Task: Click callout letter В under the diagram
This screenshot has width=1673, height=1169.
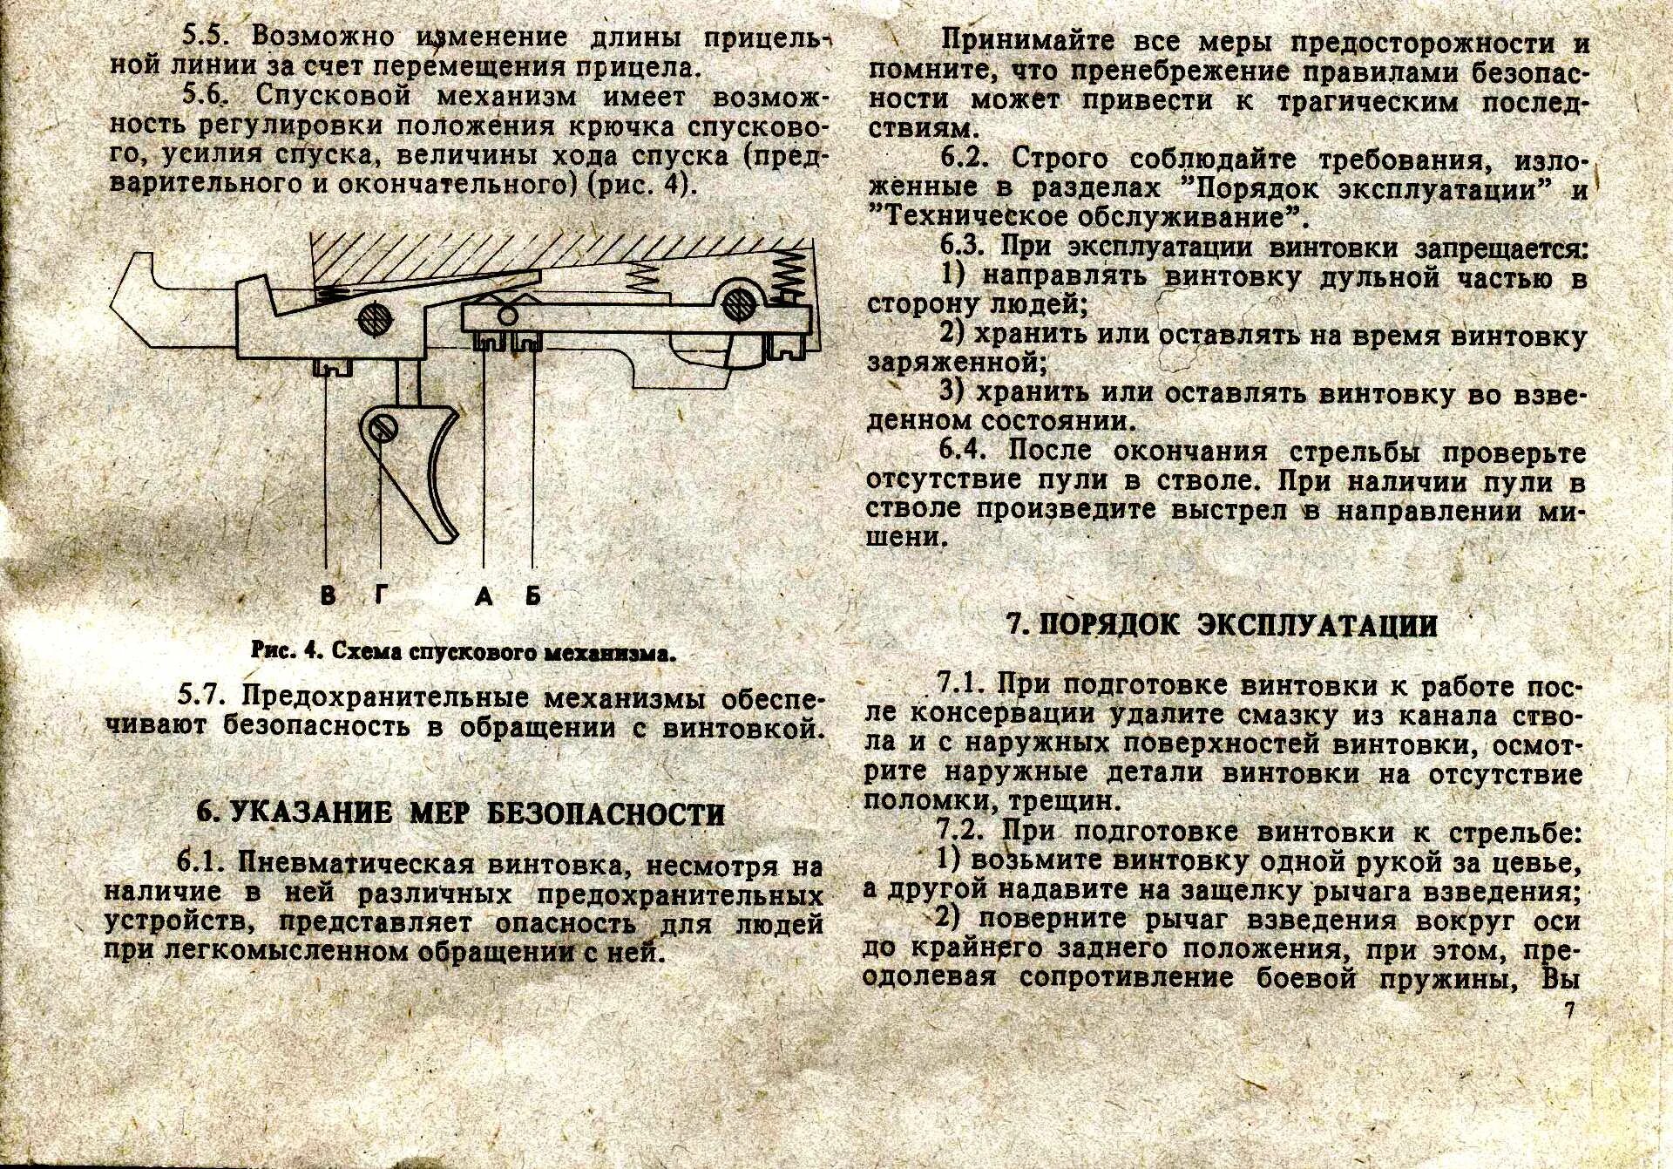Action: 327,596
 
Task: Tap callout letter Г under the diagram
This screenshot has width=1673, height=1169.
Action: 381,596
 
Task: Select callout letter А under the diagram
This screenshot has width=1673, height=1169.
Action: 484,596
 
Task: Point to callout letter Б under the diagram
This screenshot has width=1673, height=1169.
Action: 532,596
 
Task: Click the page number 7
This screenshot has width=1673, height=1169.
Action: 1569,1011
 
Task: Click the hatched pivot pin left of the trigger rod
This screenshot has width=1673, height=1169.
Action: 373,316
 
